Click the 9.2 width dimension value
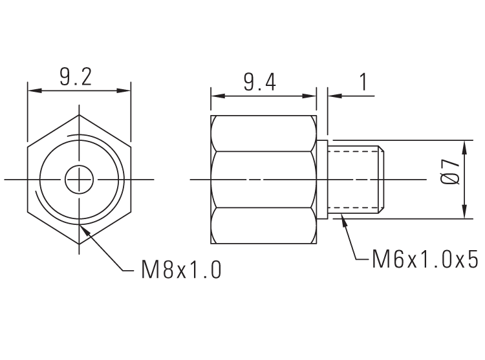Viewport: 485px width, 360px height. [x=76, y=78]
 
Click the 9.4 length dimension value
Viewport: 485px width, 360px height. [x=260, y=82]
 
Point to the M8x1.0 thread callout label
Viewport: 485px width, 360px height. [x=181, y=270]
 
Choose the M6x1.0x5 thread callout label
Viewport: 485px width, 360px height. [x=424, y=260]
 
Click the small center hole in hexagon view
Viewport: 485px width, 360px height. [x=79, y=178]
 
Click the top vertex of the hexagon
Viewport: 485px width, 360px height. [x=79, y=116]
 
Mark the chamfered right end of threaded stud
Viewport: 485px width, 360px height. [x=382, y=178]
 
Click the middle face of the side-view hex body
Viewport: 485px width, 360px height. [x=264, y=178]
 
